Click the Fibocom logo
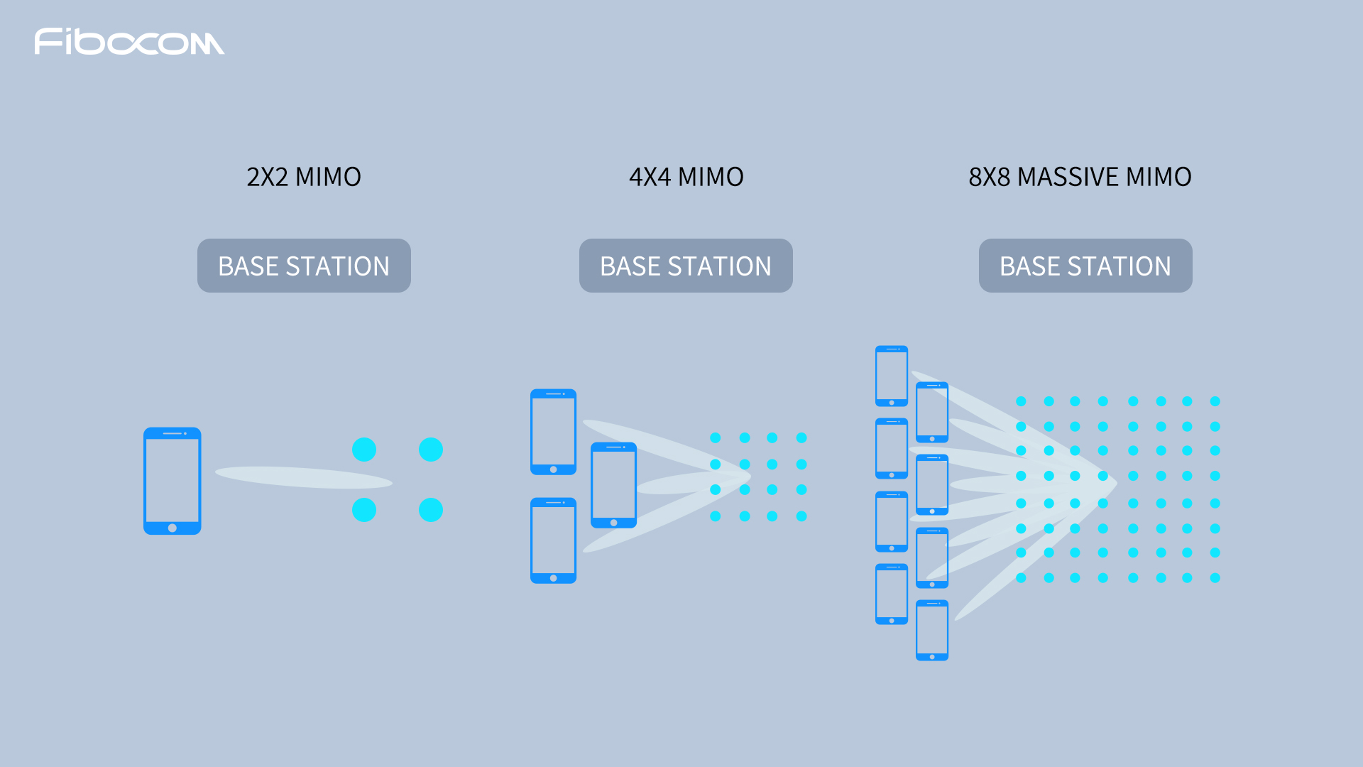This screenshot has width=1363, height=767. tap(129, 42)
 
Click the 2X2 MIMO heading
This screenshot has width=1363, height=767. tap(304, 177)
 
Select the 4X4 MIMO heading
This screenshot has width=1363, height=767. tap(686, 177)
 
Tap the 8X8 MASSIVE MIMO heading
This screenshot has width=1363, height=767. tap(1080, 177)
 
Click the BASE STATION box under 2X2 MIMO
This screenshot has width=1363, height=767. tap(304, 266)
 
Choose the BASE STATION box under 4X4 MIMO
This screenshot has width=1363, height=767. tap(686, 266)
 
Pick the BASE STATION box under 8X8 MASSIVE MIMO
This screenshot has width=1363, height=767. tap(1085, 266)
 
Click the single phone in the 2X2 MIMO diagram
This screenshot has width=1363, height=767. tap(173, 481)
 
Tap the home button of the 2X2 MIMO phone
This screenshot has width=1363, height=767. tap(173, 528)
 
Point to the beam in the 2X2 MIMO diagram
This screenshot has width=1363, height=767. tap(304, 477)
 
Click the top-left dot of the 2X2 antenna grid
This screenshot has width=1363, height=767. tap(364, 450)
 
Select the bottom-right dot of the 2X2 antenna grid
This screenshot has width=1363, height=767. tap(431, 510)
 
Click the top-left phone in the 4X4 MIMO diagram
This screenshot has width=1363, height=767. tap(554, 432)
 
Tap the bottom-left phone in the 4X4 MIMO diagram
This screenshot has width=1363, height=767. tap(554, 540)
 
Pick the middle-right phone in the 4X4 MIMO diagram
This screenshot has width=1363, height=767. tap(614, 485)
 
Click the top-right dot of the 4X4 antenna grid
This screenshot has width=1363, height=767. tap(801, 437)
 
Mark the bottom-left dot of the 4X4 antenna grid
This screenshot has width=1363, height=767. tap(716, 516)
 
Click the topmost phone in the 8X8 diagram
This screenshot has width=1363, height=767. tap(892, 376)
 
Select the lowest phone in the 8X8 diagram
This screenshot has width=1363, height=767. tap(932, 631)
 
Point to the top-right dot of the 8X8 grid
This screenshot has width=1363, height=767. tap(1215, 401)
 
